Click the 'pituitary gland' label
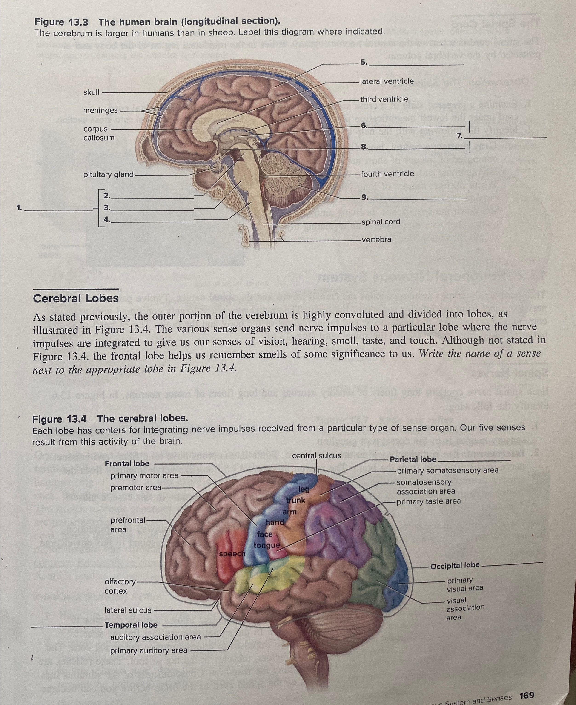click(x=108, y=174)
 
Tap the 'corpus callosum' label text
click(x=99, y=133)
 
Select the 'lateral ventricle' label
click(x=387, y=81)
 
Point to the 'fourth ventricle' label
click(x=387, y=174)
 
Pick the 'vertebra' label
click(x=376, y=239)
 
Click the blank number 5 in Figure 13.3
click(x=364, y=62)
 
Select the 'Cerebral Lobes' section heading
click(x=76, y=298)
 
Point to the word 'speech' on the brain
click(x=232, y=554)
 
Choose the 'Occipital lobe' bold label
click(x=455, y=565)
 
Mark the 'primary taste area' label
click(x=429, y=501)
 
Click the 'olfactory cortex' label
click(x=120, y=586)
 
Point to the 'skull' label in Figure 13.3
click(x=91, y=92)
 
